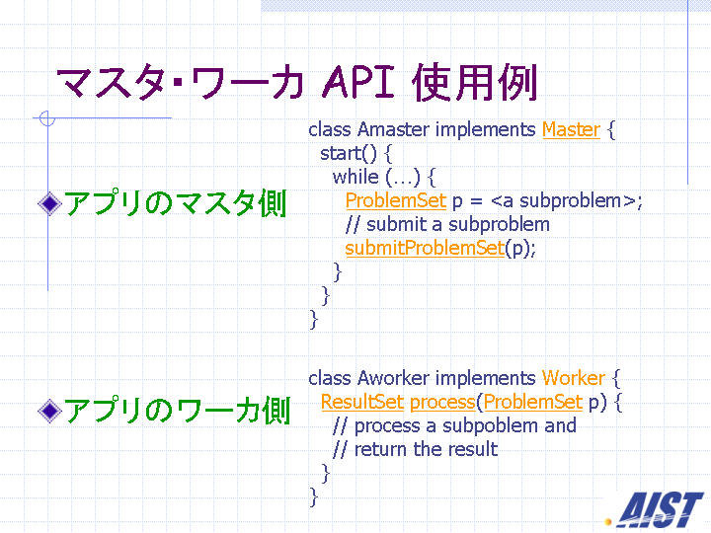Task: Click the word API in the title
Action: click(x=358, y=82)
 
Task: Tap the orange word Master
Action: click(x=572, y=129)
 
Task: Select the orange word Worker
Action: click(x=574, y=378)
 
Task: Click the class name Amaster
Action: click(x=393, y=129)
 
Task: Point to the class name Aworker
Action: click(x=393, y=378)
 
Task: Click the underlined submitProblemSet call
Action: click(x=425, y=248)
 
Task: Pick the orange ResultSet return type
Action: click(x=362, y=402)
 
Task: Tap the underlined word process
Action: click(x=443, y=403)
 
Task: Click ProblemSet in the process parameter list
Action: click(x=533, y=402)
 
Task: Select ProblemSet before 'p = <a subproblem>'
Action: click(x=396, y=200)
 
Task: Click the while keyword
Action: click(x=355, y=177)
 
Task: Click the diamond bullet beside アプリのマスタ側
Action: click(x=50, y=203)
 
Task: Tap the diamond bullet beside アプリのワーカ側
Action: click(x=50, y=411)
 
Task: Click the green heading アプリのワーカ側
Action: click(x=178, y=411)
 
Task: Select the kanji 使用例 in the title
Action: click(x=475, y=82)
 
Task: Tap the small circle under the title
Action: click(x=47, y=118)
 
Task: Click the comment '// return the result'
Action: click(x=415, y=450)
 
